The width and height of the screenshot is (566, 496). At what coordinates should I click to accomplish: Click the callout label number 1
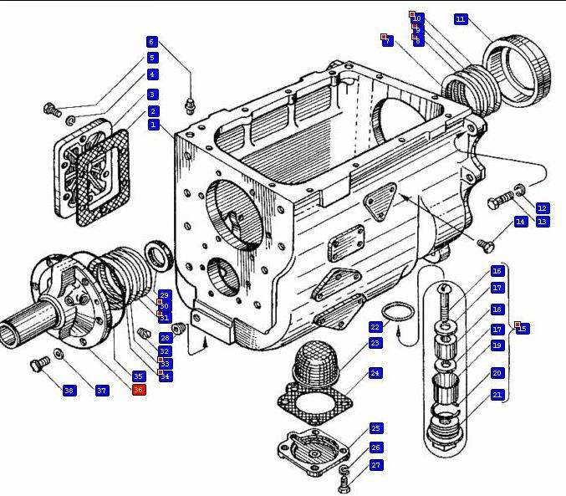pyautogui.click(x=153, y=125)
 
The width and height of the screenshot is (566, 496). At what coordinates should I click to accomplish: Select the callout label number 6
pyautogui.click(x=151, y=42)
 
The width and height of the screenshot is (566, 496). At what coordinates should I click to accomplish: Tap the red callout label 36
pyautogui.click(x=139, y=390)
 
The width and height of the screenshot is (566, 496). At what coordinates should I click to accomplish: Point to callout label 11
pyautogui.click(x=461, y=18)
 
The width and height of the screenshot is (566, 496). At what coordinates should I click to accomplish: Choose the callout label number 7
pyautogui.click(x=387, y=41)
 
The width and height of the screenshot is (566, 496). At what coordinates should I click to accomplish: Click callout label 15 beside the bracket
pyautogui.click(x=523, y=329)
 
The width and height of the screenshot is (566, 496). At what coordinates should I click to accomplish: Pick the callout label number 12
pyautogui.click(x=542, y=207)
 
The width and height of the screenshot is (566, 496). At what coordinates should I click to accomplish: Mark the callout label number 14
pyautogui.click(x=520, y=222)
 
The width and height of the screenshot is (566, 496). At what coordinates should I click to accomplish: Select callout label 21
pyautogui.click(x=497, y=395)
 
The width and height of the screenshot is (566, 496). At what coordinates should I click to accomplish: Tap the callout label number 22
pyautogui.click(x=375, y=327)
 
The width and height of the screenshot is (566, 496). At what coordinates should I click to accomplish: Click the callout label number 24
pyautogui.click(x=375, y=373)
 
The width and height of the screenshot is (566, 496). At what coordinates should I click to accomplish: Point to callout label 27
pyautogui.click(x=375, y=465)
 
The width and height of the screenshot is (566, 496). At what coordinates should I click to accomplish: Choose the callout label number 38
pyautogui.click(x=69, y=391)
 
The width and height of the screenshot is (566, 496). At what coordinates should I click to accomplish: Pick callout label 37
pyautogui.click(x=102, y=391)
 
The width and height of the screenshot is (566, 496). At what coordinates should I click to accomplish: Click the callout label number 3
pyautogui.click(x=153, y=95)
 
